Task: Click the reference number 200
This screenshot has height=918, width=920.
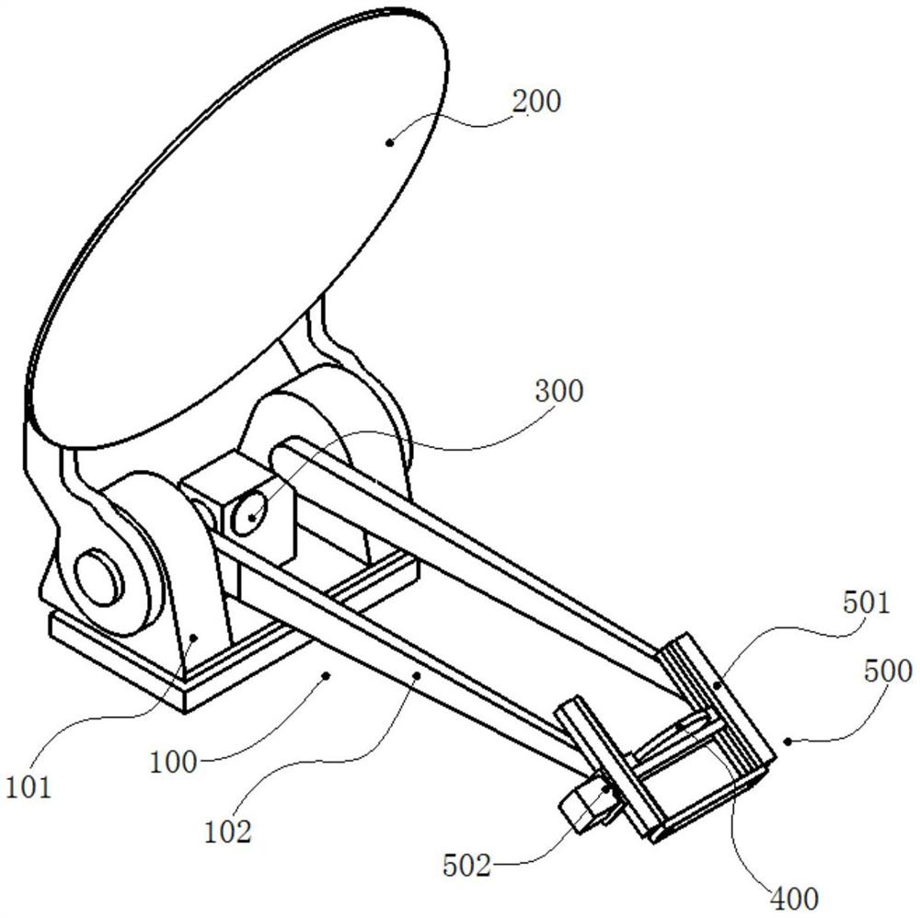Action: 536,101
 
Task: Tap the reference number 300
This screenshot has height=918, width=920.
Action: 559,391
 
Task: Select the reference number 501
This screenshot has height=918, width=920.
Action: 866,602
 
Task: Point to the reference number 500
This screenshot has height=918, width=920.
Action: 888,671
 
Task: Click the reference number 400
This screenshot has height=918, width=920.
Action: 795,898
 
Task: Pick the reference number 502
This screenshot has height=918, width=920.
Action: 466,866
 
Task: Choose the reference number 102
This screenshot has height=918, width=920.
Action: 227,832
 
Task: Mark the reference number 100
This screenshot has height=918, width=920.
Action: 174,763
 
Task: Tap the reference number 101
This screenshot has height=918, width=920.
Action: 29,786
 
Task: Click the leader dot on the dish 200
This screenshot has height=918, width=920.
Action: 388,142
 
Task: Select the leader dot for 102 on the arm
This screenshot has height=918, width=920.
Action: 417,676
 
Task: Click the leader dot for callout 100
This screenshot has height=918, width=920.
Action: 327,676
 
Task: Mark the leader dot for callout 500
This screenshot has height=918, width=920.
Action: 788,741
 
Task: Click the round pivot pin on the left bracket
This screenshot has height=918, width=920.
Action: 98,577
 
